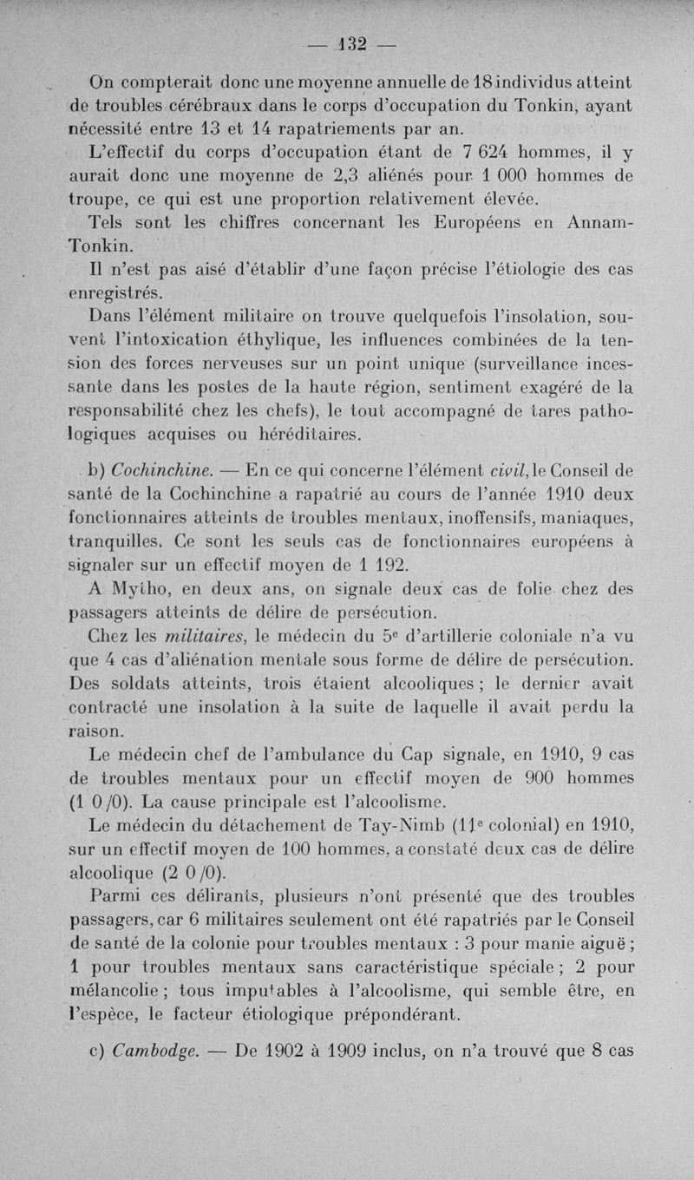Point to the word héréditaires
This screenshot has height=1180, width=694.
[303, 431]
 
